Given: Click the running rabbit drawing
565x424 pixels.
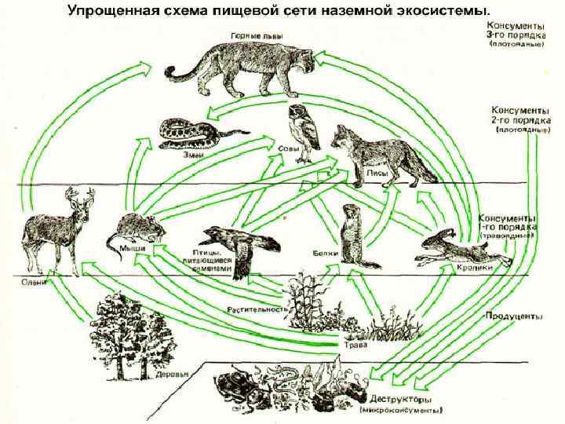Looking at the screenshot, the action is [463, 247].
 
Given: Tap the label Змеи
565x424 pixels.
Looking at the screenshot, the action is [193, 155].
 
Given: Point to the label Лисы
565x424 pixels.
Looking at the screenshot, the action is [353, 175].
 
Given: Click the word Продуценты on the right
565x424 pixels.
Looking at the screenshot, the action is [515, 316].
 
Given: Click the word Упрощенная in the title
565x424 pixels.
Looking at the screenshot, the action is [110, 12].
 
